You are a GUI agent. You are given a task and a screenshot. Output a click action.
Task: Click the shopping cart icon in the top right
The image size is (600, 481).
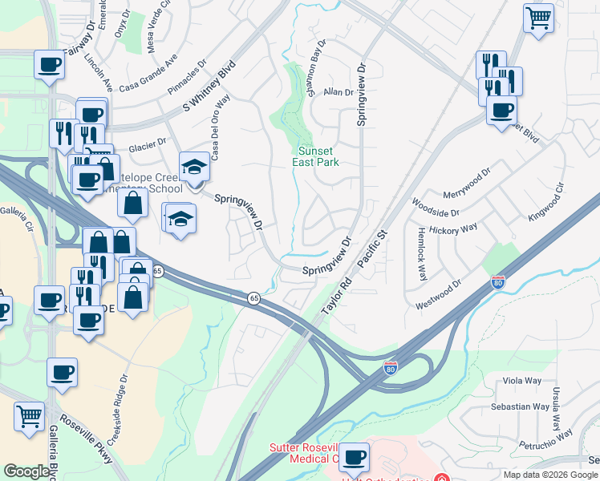[538, 18]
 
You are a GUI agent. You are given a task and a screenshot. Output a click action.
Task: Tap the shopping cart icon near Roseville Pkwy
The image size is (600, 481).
[29, 416]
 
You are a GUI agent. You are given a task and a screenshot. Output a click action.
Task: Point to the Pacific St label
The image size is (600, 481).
[371, 249]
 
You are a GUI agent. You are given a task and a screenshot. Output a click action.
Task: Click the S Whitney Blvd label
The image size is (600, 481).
[212, 86]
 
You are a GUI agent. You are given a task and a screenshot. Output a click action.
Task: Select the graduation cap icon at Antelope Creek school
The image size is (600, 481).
[194, 167]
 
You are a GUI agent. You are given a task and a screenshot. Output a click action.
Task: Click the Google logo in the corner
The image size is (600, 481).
[26, 471]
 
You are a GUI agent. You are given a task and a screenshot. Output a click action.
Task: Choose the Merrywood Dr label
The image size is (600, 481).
[466, 185]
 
